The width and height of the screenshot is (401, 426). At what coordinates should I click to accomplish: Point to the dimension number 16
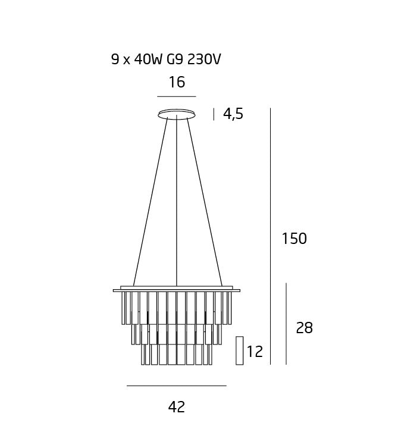point(177,82)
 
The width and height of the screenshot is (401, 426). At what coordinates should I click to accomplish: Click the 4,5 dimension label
point(233,114)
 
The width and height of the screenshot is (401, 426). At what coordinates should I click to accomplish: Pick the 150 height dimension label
point(294,239)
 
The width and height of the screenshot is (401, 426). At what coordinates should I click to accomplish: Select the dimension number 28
point(304,328)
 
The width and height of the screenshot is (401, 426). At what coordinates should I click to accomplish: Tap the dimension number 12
point(255,352)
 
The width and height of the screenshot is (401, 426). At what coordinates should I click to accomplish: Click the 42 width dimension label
point(177,407)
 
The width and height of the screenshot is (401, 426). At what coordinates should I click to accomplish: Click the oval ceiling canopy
point(177,114)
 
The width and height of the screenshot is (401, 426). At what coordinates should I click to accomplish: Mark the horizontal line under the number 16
point(177,96)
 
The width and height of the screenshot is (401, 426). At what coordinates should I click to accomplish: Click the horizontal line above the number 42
point(177,386)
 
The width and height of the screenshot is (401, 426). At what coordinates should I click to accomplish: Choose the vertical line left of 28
point(286,324)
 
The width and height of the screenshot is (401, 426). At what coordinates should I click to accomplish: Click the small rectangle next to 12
point(240,350)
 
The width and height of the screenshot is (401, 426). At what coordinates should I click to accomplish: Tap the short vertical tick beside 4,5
point(214,114)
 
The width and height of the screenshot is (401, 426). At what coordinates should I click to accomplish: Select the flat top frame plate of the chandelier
point(177,290)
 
